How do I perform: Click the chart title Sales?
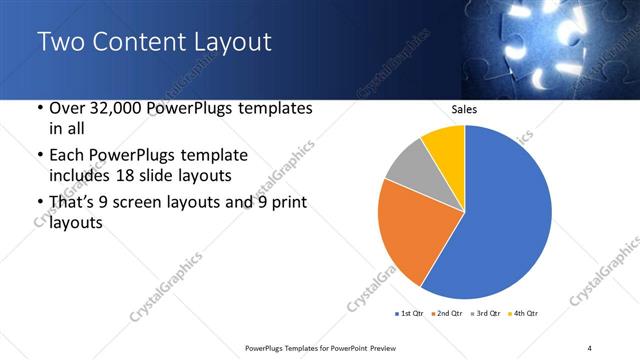(x=465, y=109)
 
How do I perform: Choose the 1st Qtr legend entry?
(x=411, y=314)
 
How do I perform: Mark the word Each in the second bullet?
(x=68, y=155)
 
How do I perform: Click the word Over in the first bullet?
(x=70, y=109)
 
